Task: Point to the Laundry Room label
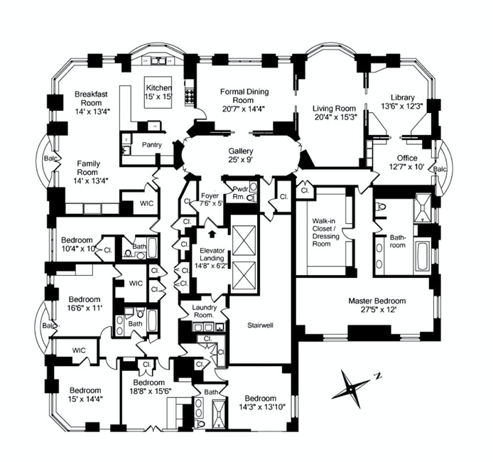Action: (202, 311)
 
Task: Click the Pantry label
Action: (152, 145)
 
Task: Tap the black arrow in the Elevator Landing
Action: (211, 232)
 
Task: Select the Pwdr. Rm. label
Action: (236, 194)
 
